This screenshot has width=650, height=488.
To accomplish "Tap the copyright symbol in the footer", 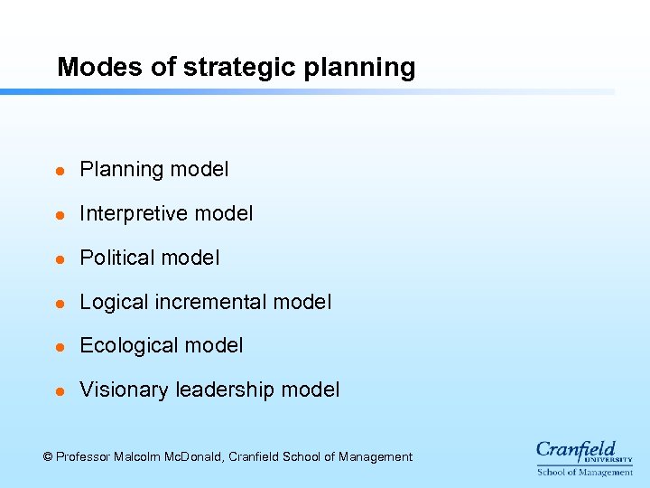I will (x=48, y=457).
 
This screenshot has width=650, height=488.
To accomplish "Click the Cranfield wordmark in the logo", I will (x=576, y=450).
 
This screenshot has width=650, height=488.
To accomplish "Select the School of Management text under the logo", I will (x=584, y=472).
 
